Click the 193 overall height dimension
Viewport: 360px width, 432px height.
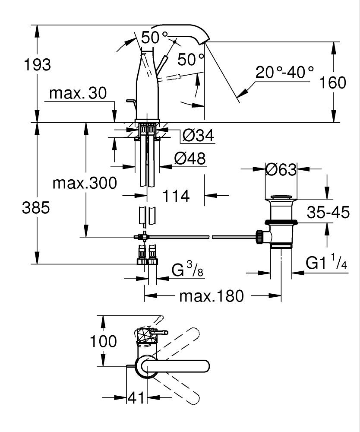[x=38, y=65]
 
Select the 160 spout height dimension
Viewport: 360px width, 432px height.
[x=332, y=83]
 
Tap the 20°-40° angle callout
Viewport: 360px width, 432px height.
[x=284, y=72]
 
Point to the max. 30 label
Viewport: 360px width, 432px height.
[x=78, y=93]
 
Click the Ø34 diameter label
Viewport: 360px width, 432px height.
[x=198, y=135]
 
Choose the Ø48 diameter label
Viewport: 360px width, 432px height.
[x=190, y=159]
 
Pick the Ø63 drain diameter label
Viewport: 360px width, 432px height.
[x=281, y=169]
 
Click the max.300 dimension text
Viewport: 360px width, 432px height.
[x=85, y=183]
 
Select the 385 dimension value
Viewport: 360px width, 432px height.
[x=36, y=207]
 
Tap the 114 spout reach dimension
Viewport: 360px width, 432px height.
[x=176, y=196]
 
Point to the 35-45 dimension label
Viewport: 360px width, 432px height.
[x=328, y=212]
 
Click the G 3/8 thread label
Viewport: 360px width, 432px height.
[x=187, y=269]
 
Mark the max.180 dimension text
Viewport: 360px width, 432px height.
[x=212, y=296]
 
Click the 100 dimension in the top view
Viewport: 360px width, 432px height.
[x=103, y=341]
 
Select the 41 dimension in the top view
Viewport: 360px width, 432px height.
[x=136, y=398]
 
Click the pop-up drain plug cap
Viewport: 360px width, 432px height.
[x=281, y=197]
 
